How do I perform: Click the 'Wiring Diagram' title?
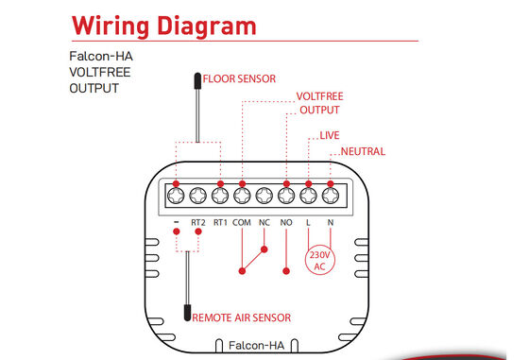click(164, 26)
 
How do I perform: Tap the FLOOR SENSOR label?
click(239, 79)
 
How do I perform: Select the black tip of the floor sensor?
click(197, 81)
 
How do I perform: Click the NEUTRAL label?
click(363, 151)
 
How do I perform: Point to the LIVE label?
click(330, 135)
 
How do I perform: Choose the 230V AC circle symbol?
click(320, 260)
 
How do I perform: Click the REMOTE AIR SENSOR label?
click(242, 317)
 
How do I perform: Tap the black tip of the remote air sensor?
click(187, 313)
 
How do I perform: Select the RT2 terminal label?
click(198, 223)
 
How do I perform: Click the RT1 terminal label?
click(220, 223)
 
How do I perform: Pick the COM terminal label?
click(242, 223)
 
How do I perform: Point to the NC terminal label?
click(264, 223)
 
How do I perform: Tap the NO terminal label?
click(286, 223)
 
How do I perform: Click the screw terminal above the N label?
click(331, 196)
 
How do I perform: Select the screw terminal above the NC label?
click(264, 196)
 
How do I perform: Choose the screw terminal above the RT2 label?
click(198, 196)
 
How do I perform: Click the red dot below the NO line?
click(286, 271)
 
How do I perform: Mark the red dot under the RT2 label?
click(198, 231)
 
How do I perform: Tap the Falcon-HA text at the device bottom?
click(256, 346)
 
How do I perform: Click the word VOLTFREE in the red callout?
click(320, 96)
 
